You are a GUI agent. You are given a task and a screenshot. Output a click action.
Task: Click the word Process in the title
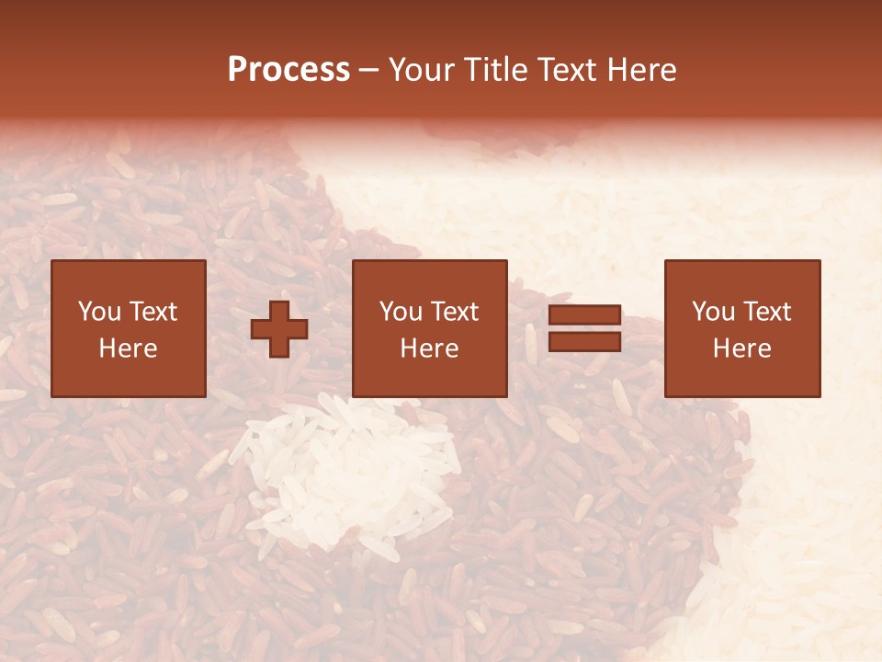pos(288,70)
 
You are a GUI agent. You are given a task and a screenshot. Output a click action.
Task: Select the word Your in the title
pos(422,70)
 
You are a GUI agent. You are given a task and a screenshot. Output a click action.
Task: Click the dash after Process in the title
pos(368,71)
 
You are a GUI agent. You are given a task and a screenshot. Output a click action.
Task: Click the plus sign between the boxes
pos(279,329)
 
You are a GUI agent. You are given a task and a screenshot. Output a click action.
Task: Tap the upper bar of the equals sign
pos(584,315)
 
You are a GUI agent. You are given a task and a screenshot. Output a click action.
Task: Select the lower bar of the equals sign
pos(584,342)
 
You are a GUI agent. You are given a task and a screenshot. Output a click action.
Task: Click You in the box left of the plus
pos(98,312)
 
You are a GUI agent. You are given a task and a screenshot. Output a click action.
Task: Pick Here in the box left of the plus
pos(128,348)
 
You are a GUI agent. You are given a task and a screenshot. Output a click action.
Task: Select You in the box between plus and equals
pos(400,312)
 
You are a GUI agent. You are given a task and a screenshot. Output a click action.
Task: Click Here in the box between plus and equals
pos(429,348)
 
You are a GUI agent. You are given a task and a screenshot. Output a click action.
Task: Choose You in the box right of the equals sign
pos(712,312)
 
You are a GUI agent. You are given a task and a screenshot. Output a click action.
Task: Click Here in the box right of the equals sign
pos(741,348)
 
